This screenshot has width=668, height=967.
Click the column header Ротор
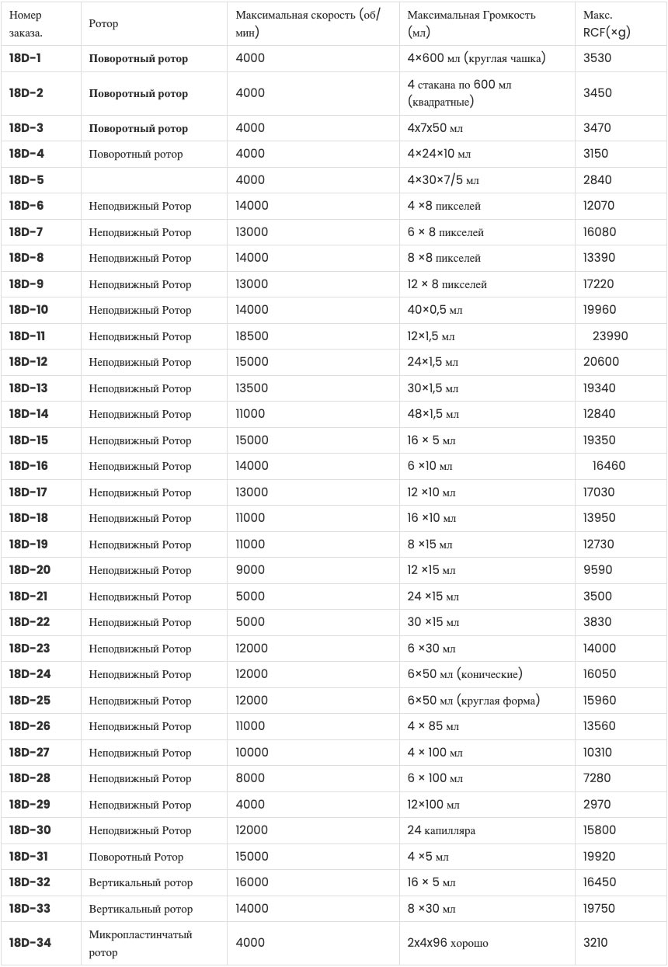click(x=104, y=24)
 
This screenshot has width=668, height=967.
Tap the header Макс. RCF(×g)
click(x=607, y=24)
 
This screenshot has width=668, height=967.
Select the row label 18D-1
click(x=25, y=58)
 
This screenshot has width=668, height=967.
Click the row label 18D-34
click(x=30, y=943)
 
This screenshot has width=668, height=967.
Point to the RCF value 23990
click(x=610, y=336)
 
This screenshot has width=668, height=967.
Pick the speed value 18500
click(x=252, y=336)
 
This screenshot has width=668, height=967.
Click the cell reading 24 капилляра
click(x=441, y=830)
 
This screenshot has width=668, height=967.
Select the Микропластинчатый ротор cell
click(x=141, y=943)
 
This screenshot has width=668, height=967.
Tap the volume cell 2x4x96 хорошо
click(x=448, y=943)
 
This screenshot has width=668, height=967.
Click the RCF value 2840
click(x=597, y=180)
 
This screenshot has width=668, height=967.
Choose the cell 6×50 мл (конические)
click(x=464, y=674)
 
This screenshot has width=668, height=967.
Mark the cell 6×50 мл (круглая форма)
click(x=473, y=701)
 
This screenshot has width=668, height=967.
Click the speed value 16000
click(x=252, y=882)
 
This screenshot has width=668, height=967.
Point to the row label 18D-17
click(x=28, y=492)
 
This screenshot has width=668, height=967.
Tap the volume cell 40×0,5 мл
click(x=435, y=310)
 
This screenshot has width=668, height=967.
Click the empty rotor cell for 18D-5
click(x=155, y=180)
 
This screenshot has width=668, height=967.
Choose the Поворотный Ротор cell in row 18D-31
click(x=136, y=857)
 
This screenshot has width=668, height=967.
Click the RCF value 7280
click(x=597, y=778)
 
